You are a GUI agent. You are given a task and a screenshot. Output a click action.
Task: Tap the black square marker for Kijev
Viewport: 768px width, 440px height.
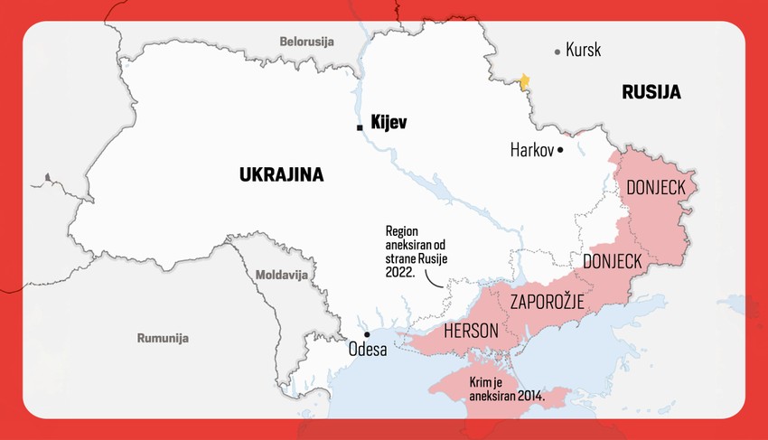point(360,127)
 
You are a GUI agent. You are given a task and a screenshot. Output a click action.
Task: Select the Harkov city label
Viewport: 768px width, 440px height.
point(531,149)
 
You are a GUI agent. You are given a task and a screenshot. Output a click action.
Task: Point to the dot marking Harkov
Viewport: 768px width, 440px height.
point(560,149)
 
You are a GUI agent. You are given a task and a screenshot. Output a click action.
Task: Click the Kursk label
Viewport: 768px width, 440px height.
point(583,51)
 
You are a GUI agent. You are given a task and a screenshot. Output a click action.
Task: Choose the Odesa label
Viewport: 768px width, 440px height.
point(368,349)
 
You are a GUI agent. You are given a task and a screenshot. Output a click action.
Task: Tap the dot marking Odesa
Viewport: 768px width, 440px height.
point(367,334)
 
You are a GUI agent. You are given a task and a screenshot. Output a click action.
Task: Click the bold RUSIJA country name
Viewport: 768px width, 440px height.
point(651,92)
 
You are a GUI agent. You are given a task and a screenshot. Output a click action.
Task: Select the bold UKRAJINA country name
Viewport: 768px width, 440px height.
point(281,174)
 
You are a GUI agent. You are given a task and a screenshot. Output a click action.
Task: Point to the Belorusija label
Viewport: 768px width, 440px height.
point(306,42)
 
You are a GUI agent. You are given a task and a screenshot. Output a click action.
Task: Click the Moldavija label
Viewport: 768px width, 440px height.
point(281,274)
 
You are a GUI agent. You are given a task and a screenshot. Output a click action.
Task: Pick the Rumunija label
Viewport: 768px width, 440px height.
point(163,338)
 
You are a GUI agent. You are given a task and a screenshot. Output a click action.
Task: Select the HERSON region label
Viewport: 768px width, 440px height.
point(471,332)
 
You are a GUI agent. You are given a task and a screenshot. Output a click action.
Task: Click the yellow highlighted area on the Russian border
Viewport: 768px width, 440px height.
point(523,82)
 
